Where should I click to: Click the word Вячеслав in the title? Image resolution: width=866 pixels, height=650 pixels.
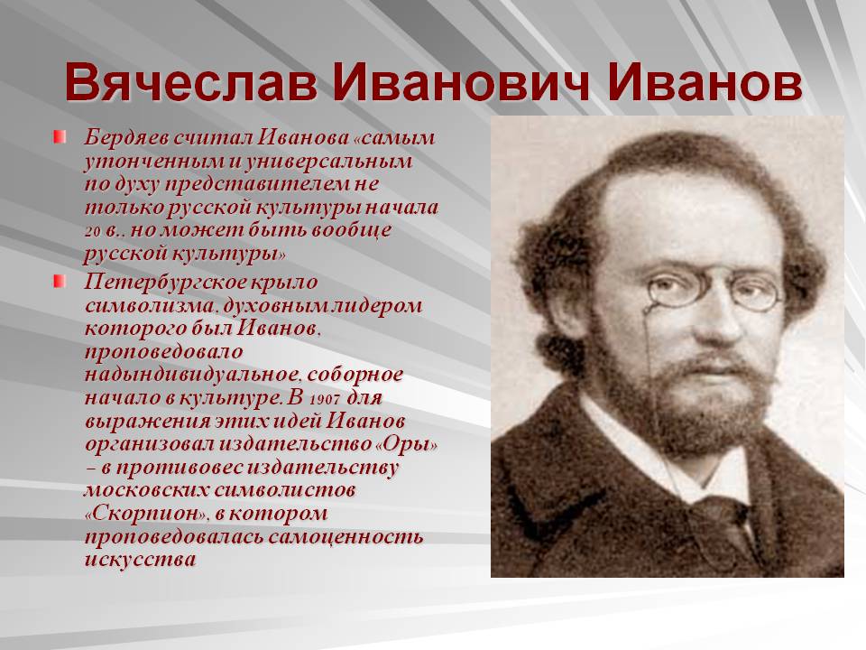pos(190,83)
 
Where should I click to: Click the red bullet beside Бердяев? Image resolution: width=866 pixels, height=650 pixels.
pos(60,136)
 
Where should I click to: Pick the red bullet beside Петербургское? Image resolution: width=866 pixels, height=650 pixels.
pos(60,282)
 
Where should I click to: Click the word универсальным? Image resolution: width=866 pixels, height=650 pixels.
pos(328,162)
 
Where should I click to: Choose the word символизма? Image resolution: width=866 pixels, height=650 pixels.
pos(149,306)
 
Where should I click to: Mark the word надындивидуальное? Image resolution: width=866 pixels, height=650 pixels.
pos(192,375)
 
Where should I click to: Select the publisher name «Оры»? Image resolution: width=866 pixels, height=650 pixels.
pos(407,444)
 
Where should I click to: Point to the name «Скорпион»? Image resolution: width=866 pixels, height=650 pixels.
pos(147,514)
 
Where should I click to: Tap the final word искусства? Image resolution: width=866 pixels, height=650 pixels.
pos(141,560)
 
